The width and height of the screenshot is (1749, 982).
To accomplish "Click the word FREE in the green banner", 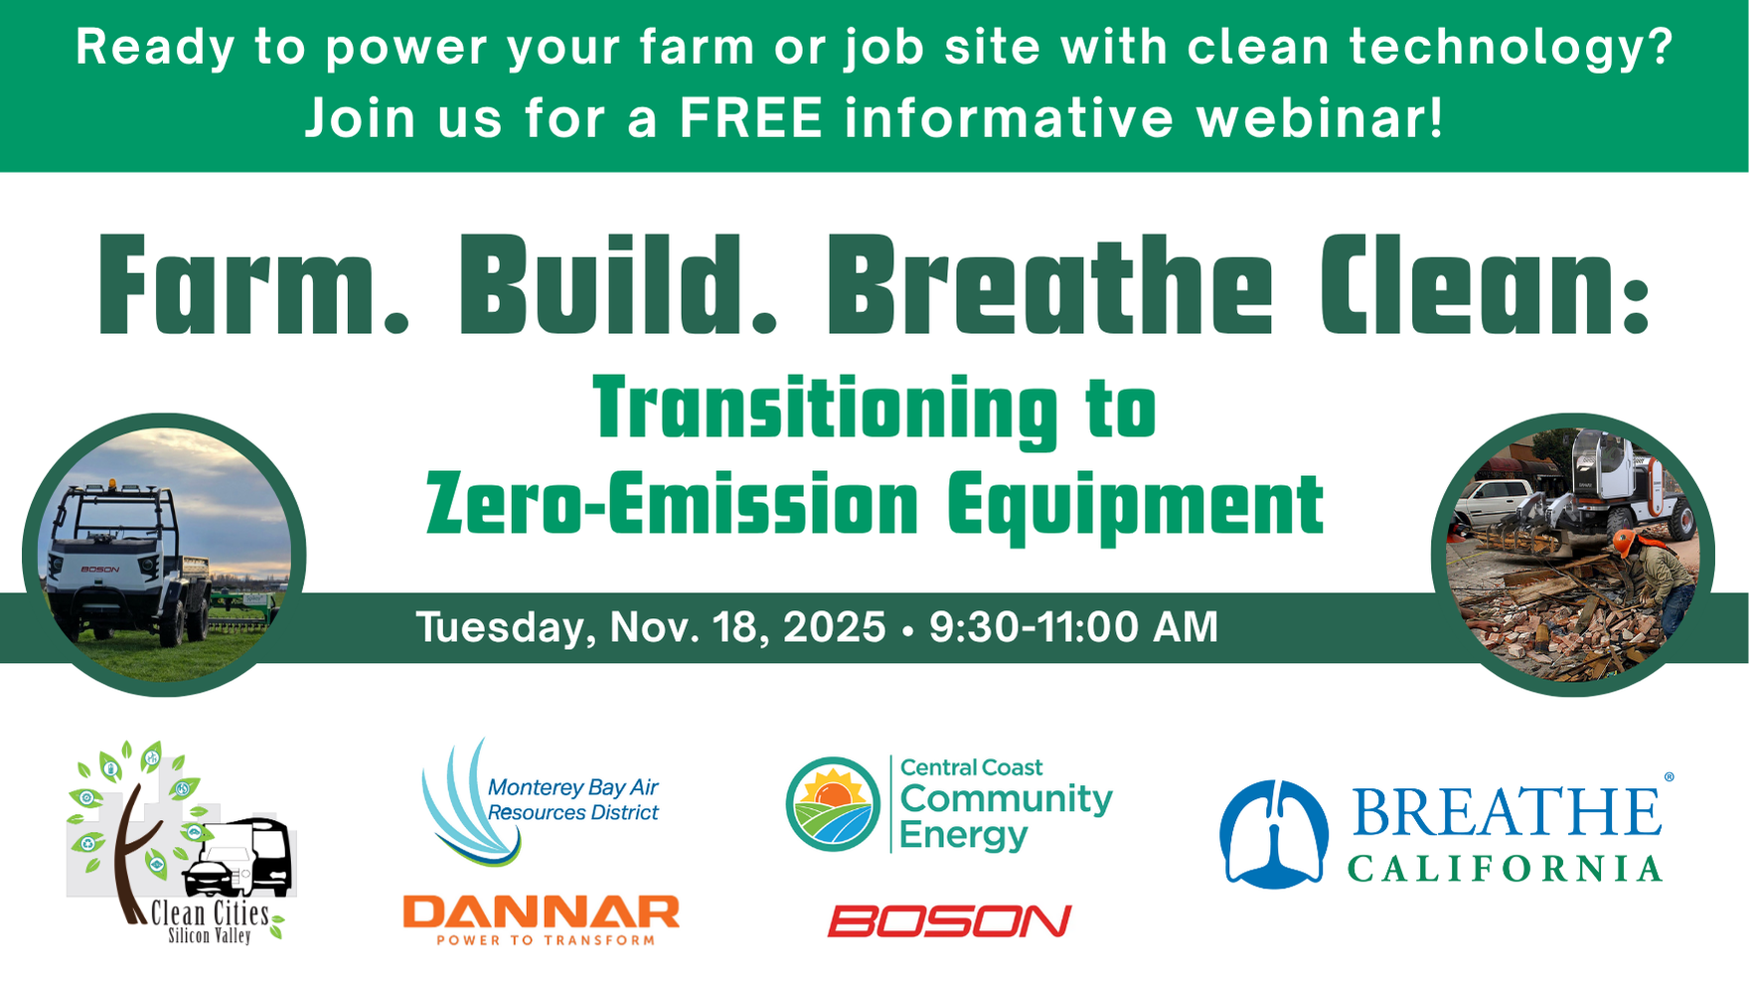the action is click(x=751, y=118).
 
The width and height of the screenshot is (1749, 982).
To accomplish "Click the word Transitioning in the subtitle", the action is click(x=826, y=410).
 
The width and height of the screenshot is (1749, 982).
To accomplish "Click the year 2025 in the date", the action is click(x=834, y=627).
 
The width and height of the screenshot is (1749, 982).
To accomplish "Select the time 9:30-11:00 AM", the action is click(x=1073, y=627).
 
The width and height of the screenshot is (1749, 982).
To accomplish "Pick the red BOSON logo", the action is click(x=950, y=921).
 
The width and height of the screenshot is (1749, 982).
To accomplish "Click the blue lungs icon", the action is click(x=1274, y=834).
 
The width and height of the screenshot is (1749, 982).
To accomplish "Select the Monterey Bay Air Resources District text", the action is click(x=573, y=800).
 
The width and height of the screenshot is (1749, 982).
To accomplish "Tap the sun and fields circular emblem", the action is click(x=833, y=804).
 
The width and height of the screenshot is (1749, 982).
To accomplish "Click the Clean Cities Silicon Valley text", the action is click(x=211, y=922).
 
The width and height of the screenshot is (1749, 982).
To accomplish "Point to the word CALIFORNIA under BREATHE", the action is click(x=1505, y=870).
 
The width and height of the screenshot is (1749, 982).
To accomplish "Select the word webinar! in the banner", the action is click(x=1320, y=118).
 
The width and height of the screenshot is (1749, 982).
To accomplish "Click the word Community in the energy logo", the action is click(x=1006, y=798).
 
